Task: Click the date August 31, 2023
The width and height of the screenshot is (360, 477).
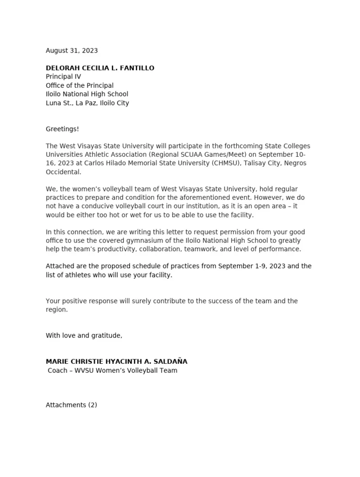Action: pos(72,51)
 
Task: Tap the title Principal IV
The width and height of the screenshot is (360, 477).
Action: pos(64,77)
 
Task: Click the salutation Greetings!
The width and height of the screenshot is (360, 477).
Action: pos(62,129)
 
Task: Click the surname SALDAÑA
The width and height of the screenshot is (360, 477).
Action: pos(169,361)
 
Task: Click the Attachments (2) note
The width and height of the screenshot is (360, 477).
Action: pos(71,405)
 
